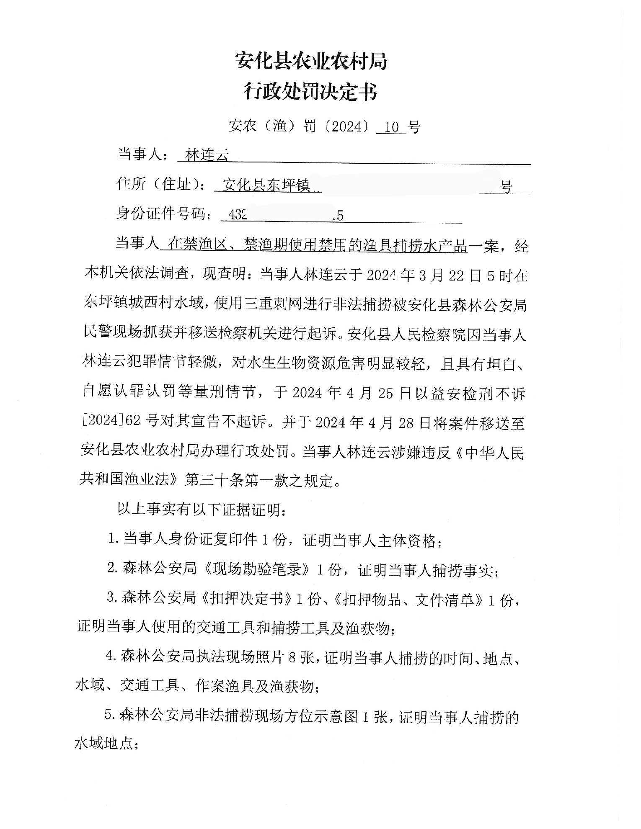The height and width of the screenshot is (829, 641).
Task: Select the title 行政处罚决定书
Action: pos(310,92)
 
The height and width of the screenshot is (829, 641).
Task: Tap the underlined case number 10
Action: pos(391,126)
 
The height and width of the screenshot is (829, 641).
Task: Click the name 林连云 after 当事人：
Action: pos(207,155)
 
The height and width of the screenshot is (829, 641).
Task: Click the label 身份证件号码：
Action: pos(164,214)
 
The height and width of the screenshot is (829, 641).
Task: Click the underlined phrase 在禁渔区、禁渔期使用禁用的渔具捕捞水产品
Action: pos(318,245)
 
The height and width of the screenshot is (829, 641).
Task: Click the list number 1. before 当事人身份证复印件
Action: pos(114,540)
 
